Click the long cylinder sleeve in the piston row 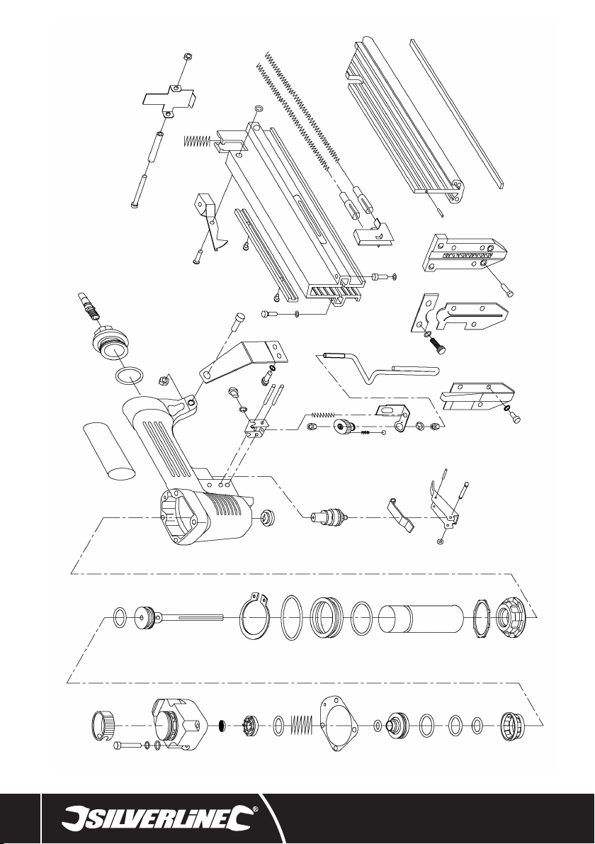point(421,619)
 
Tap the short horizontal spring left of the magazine point(198,140)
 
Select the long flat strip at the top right point(458,113)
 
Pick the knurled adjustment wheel point(341,427)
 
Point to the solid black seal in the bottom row point(221,726)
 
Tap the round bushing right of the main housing point(267,517)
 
